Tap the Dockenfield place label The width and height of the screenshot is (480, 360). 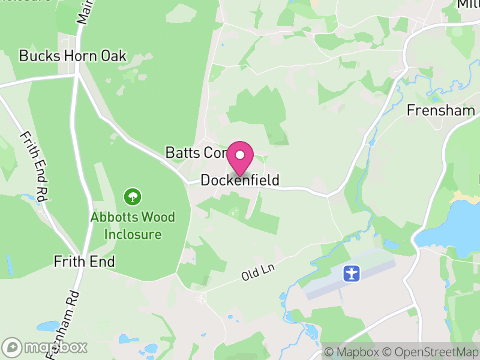pyautogui.click(x=240, y=180)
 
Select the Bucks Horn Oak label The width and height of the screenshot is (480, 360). pyautogui.click(x=73, y=56)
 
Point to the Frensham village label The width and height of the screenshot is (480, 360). pyautogui.click(x=440, y=110)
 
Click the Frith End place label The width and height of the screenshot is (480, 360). pyautogui.click(x=84, y=262)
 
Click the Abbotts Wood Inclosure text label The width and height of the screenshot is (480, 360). pyautogui.click(x=133, y=225)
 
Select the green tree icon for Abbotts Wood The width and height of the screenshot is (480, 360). pyautogui.click(x=132, y=196)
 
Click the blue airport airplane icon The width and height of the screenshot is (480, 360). pyautogui.click(x=351, y=274)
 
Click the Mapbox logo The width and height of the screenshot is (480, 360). pyautogui.click(x=45, y=347)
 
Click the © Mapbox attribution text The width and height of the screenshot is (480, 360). pyautogui.click(x=352, y=352)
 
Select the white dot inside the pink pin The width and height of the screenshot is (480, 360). pyautogui.click(x=240, y=155)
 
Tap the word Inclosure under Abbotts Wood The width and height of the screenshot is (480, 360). pyautogui.click(x=133, y=233)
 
